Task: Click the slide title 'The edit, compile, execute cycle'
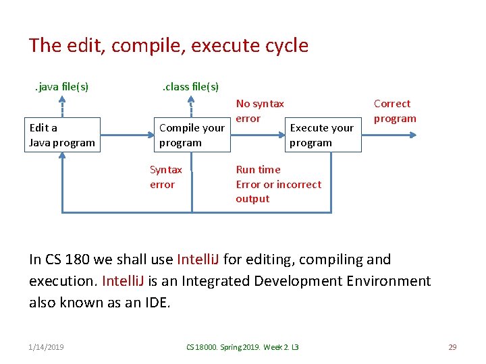168,46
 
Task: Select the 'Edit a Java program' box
62,135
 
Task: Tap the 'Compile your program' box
192,135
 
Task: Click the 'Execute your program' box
321,135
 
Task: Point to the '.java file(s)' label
62,86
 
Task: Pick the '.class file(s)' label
190,86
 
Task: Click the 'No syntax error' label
260,111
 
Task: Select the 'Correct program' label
395,111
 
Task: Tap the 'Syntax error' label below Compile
165,177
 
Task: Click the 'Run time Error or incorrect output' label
278,184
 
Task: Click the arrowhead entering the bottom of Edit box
62,157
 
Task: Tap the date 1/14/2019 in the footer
47,346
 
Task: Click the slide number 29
452,346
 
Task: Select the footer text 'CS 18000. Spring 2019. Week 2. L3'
242,346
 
